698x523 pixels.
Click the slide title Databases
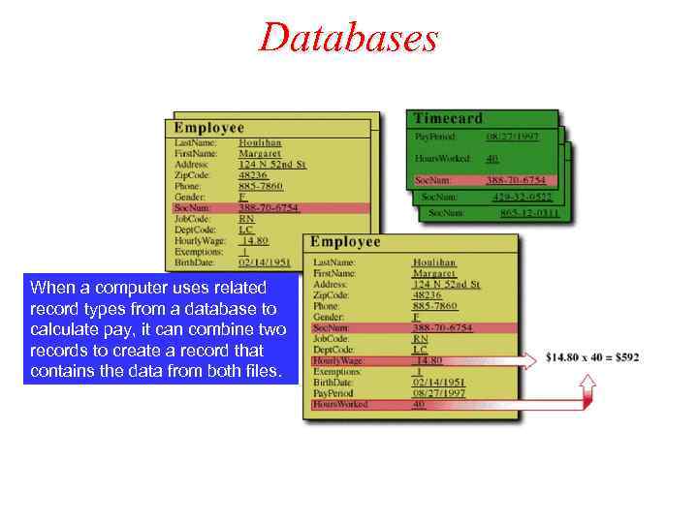click(x=348, y=38)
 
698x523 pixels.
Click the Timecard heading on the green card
click(x=448, y=118)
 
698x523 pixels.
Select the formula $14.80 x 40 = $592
click(x=592, y=357)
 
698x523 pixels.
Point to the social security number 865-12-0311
click(x=529, y=212)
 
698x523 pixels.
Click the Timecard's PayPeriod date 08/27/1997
click(x=514, y=138)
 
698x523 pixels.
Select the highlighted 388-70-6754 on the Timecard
click(x=515, y=180)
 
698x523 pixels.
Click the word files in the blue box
click(x=260, y=372)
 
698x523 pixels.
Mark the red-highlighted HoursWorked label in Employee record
click(x=340, y=404)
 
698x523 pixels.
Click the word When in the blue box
click(x=49, y=288)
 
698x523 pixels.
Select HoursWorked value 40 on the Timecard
click(x=492, y=159)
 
